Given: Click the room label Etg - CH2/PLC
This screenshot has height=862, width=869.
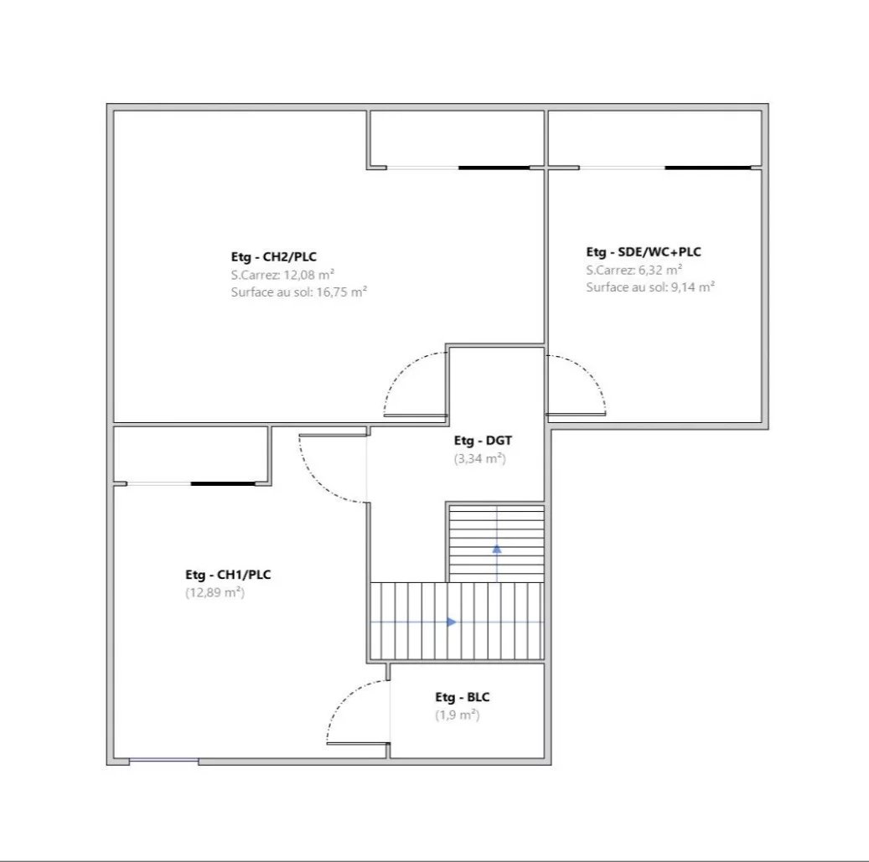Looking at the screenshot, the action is coord(274,257).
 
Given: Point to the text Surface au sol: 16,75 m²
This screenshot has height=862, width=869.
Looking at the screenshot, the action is coord(299,292).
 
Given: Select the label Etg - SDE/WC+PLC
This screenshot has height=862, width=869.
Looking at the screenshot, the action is coord(644,252).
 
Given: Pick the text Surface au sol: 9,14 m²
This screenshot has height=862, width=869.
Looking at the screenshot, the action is coord(650,287).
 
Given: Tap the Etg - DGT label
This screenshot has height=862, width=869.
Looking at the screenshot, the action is coord(483,441).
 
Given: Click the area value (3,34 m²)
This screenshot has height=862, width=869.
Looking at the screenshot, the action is coord(480,459).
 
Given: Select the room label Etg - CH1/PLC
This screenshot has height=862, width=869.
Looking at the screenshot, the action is coord(228,575).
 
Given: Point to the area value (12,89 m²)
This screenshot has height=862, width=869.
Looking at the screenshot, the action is coord(215,592).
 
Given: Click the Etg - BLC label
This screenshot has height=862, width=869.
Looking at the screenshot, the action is coord(463,697).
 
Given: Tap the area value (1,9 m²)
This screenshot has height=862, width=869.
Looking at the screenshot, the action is coord(458,715).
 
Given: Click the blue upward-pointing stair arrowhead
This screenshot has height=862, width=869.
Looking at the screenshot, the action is coord(497,549).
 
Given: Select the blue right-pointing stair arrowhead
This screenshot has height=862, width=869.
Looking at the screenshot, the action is coord(452,622).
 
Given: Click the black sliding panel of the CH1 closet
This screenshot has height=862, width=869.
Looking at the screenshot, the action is coord(224,483).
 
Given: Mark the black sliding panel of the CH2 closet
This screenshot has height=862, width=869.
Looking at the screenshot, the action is coord(494,168).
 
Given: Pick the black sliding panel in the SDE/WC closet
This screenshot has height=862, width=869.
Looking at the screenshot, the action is coord(708,168).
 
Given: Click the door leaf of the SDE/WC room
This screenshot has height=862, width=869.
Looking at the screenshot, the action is coord(576,413).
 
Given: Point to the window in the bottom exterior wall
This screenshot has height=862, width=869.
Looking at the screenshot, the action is coord(164,761).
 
